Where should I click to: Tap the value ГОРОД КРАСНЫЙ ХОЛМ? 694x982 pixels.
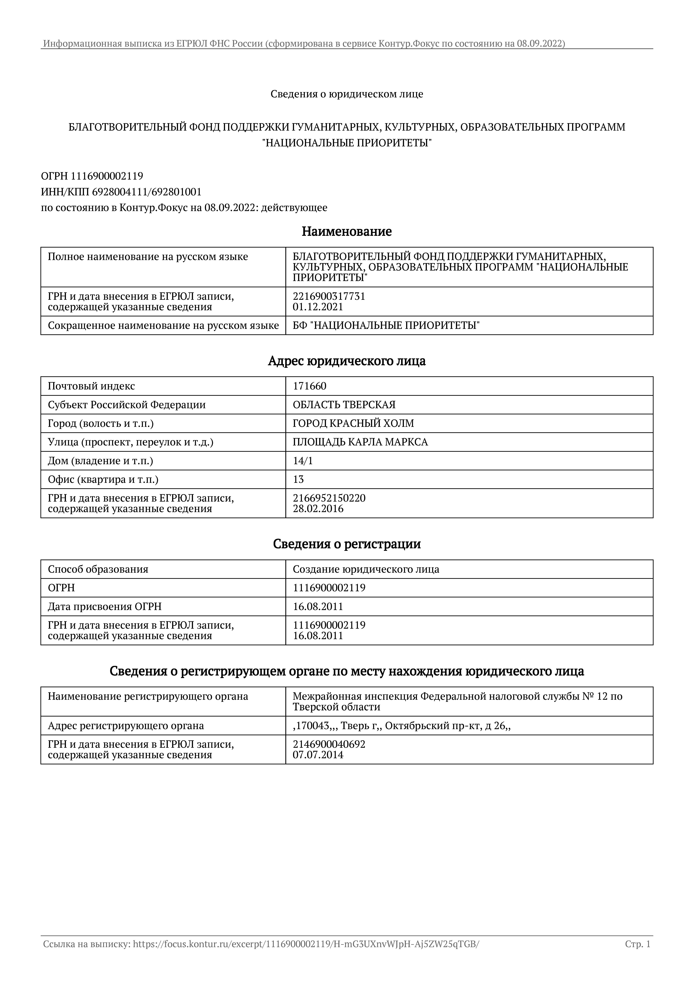353,423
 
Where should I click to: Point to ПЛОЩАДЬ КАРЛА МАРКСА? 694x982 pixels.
360,442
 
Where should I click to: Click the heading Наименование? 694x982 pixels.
346,231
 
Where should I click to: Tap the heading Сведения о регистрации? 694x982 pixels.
346,544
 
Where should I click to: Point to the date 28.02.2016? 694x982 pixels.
318,509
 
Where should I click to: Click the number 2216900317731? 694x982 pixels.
329,296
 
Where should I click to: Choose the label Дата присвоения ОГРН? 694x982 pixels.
104,607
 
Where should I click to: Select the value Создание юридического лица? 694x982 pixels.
366,569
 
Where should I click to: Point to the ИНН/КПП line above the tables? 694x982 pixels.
121,192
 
